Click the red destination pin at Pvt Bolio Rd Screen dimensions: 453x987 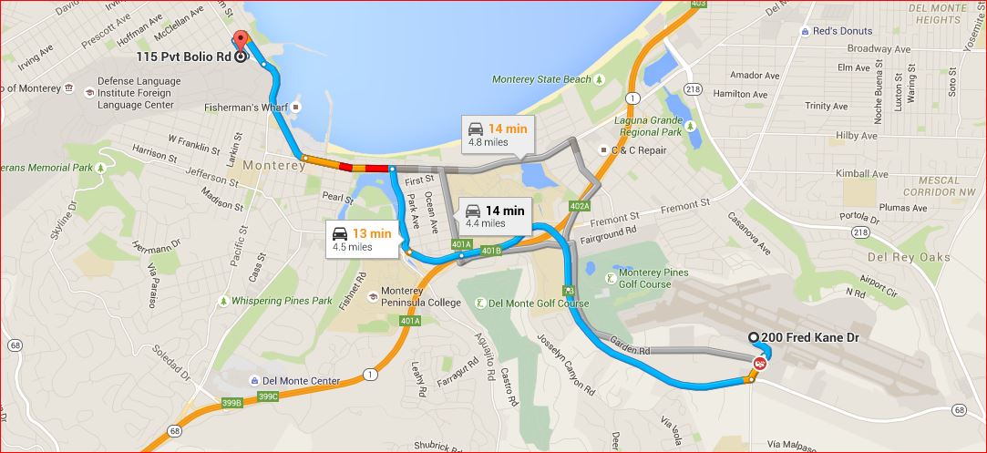[x=241, y=41]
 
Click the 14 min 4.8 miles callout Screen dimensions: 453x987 [x=497, y=134]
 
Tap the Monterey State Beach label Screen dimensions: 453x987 [x=541, y=80]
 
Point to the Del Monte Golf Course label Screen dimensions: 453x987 [x=539, y=304]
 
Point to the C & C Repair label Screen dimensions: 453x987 [x=638, y=149]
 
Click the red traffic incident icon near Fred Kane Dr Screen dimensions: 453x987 [x=759, y=364]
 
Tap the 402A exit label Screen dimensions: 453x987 [x=581, y=207]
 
